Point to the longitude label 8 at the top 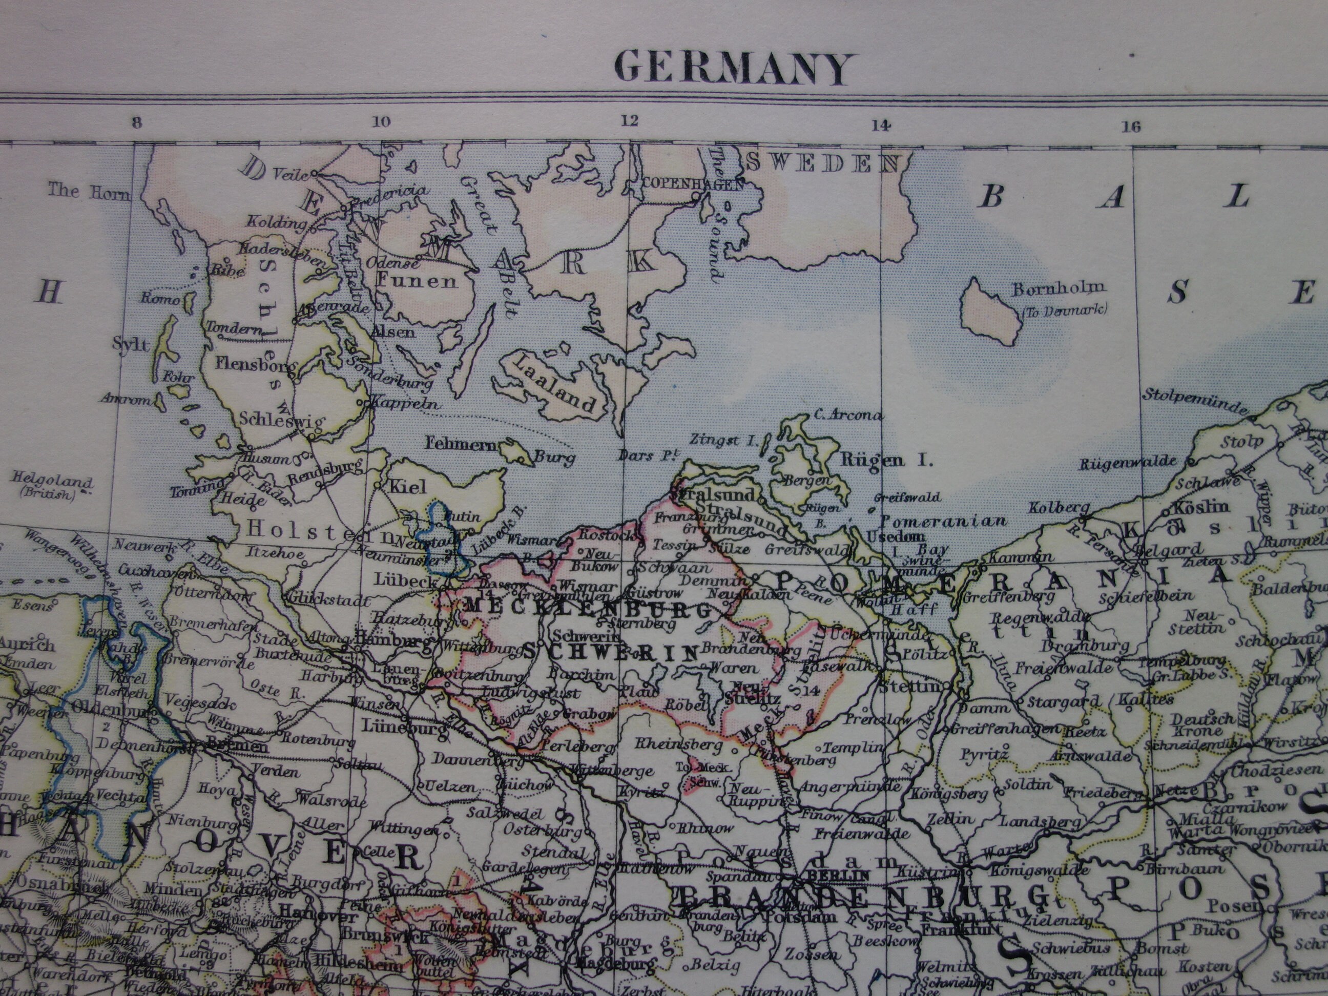137,122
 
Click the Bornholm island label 1059,289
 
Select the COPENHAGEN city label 692,184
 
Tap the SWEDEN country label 824,162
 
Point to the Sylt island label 130,343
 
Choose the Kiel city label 408,486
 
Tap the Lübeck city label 398,580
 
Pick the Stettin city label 909,686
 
